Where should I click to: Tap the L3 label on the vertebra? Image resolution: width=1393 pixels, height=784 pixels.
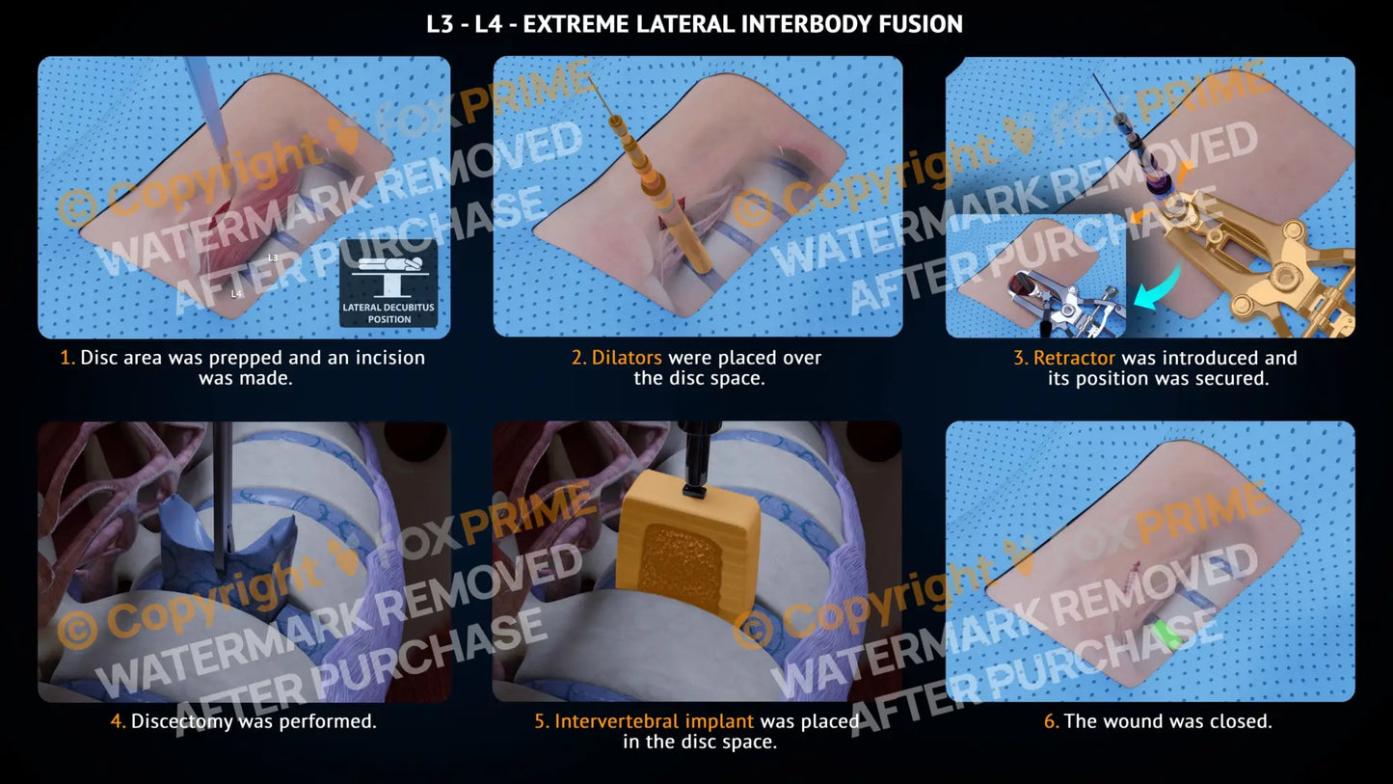coord(273,257)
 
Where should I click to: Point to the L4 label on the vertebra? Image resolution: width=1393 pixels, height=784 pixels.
coord(236,294)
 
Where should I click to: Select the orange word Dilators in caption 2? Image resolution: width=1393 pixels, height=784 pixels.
coord(627,358)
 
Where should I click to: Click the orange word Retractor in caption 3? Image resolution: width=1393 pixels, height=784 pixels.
coord(1074,358)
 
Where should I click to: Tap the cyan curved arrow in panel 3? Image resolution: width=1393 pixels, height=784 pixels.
coord(1157,287)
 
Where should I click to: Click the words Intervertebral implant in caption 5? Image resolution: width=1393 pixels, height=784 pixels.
coord(654,721)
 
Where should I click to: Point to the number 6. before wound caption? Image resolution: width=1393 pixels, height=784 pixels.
coord(1051,721)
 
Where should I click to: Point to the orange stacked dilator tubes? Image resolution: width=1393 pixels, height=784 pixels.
coord(659,193)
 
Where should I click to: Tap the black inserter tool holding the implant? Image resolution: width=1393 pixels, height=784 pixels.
coord(696,460)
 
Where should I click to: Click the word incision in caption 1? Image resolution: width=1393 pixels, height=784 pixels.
coord(389,358)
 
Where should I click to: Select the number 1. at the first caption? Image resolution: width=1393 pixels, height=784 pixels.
coord(67,358)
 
